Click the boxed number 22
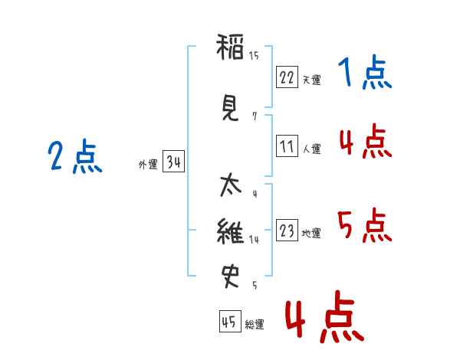[x=287, y=77]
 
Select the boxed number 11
[x=287, y=146]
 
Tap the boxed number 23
[x=287, y=231]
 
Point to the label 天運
[x=311, y=80]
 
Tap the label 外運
[x=147, y=165]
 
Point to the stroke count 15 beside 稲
[x=254, y=55]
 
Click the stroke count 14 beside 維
[x=254, y=240]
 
